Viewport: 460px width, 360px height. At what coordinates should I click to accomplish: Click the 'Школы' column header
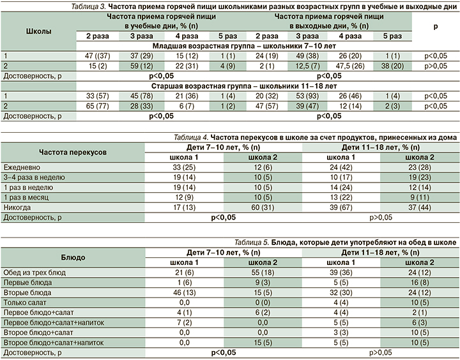point(39,29)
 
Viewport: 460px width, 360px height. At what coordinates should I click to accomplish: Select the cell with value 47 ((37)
point(96,56)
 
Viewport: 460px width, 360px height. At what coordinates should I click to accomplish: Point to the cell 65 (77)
point(96,105)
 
